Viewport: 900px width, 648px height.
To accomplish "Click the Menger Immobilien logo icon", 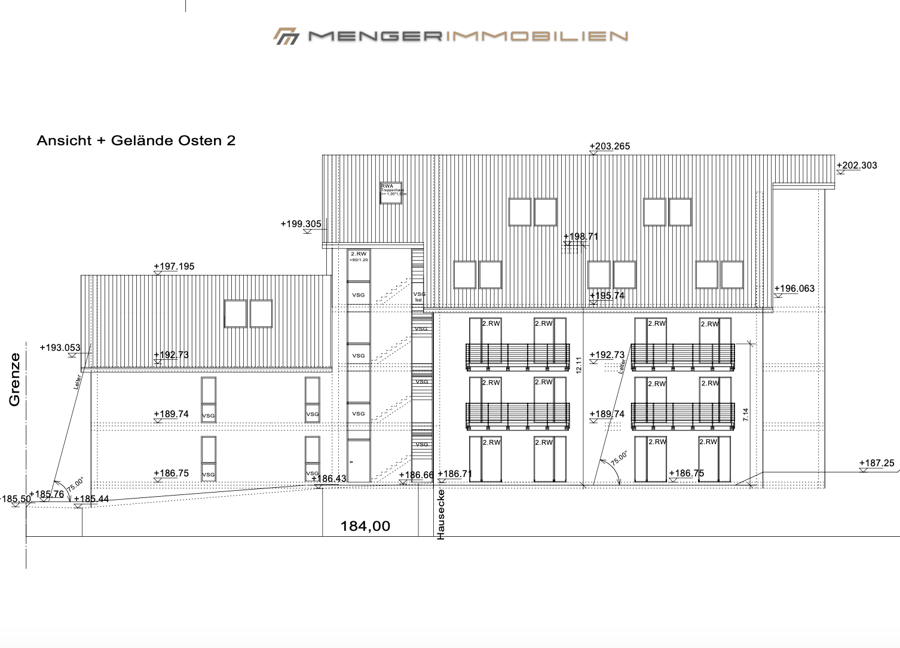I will click(286, 36).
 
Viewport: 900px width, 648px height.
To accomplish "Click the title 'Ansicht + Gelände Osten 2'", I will click(136, 141).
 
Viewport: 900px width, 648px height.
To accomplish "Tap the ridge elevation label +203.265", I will click(610, 146).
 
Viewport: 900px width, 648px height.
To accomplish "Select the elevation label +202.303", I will click(857, 166).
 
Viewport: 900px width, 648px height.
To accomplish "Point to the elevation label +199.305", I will click(301, 224).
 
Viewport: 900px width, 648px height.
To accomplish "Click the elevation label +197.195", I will click(174, 267).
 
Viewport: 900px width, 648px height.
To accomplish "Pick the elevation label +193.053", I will click(60, 348).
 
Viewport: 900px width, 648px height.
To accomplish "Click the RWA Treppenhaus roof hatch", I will click(391, 193).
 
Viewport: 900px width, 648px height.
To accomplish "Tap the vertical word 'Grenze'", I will click(14, 380).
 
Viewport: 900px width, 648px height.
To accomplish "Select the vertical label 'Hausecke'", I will click(441, 514).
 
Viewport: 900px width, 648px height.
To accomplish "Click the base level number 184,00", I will click(365, 526).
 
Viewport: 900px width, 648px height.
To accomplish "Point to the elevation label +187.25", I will click(877, 463).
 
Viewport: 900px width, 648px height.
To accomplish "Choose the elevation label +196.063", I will click(794, 289).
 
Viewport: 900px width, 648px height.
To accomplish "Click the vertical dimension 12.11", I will click(578, 365).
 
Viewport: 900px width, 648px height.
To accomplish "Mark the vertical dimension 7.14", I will click(745, 415).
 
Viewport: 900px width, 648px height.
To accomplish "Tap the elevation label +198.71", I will click(580, 237).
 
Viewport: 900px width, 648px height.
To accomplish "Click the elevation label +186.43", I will click(329, 479).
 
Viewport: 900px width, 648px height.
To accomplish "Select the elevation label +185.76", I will click(47, 494).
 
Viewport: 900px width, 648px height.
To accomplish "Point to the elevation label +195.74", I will click(607, 296).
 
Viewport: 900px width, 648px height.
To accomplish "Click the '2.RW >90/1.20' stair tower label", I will click(359, 256).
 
